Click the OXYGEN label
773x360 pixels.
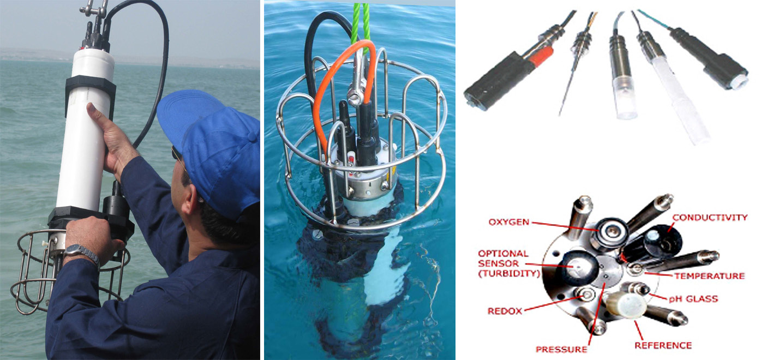(508, 222)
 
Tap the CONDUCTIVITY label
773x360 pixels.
(710, 218)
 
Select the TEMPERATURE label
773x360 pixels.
(710, 276)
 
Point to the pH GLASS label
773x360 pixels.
(693, 298)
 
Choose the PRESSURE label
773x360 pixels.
(561, 350)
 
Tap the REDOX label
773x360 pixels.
(505, 311)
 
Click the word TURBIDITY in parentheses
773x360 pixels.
(509, 273)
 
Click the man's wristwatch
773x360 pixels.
(82, 253)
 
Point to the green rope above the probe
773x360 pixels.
(361, 24)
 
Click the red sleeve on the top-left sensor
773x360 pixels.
(542, 56)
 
